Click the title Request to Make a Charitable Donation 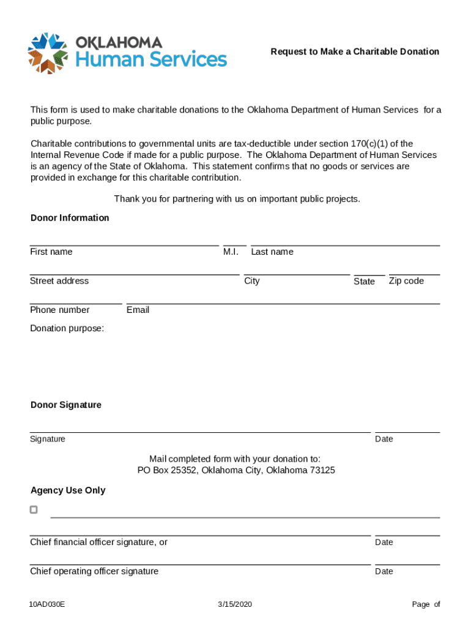[355, 51]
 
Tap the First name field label [51, 252]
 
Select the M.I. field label [231, 252]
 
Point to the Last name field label [272, 252]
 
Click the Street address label [59, 281]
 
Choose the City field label [251, 281]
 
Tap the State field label [364, 282]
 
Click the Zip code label [406, 281]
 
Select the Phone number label [60, 310]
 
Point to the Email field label [138, 310]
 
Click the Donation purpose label [67, 329]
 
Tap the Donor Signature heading [66, 405]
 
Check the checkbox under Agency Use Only [34, 509]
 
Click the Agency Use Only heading [68, 490]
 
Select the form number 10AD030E [47, 605]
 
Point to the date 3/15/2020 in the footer [235, 605]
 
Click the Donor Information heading [70, 218]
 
